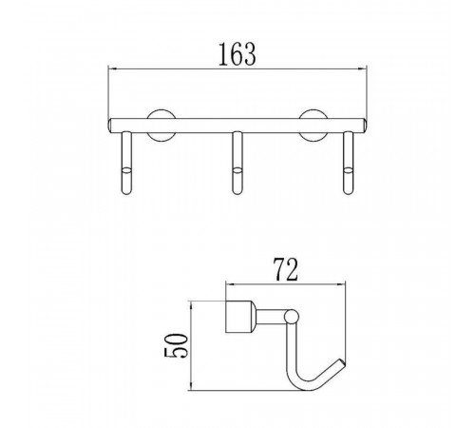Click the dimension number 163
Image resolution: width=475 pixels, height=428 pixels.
pyautogui.click(x=237, y=54)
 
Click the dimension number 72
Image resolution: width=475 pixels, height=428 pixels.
pyautogui.click(x=286, y=270)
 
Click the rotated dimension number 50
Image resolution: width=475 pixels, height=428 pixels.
pyautogui.click(x=176, y=345)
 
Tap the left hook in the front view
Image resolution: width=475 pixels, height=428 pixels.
pyautogui.click(x=126, y=163)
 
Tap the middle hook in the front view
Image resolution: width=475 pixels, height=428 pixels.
pyautogui.click(x=237, y=163)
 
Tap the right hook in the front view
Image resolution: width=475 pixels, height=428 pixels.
pyautogui.click(x=348, y=163)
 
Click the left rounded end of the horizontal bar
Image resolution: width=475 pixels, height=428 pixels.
pyautogui.click(x=109, y=126)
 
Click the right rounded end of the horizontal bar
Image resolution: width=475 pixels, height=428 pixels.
pyautogui.click(x=365, y=126)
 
